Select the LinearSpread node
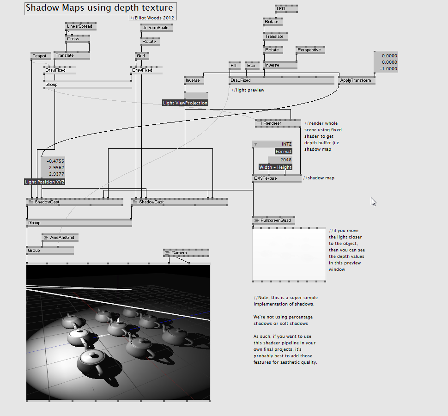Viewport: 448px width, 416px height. (80, 26)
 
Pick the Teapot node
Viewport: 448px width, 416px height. (40, 56)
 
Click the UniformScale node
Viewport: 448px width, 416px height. (156, 28)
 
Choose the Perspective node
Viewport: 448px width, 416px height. (310, 50)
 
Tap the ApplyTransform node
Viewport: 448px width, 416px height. (356, 80)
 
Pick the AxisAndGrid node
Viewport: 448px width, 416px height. (60, 238)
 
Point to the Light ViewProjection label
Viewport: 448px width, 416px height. (185, 103)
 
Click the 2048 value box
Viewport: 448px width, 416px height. (280, 159)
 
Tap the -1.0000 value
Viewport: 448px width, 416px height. (387, 69)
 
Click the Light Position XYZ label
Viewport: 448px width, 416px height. (45, 182)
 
